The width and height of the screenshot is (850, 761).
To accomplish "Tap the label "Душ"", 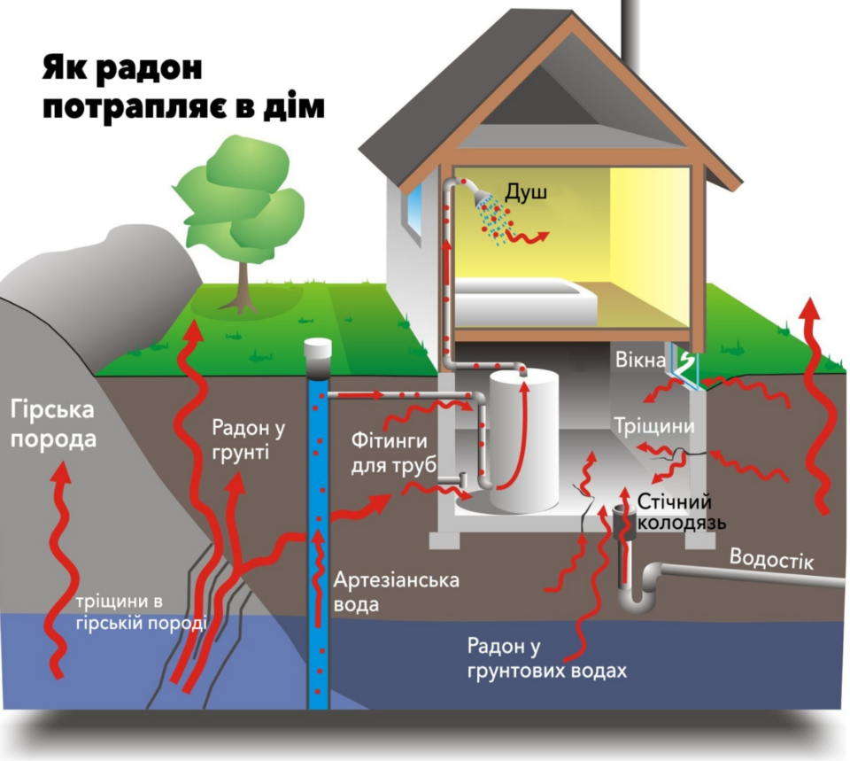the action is tap(526, 192).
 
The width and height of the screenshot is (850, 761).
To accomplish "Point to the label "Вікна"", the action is tap(640, 360).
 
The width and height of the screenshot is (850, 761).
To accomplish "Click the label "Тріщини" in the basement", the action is tap(654, 426).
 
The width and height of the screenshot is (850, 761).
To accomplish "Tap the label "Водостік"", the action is tap(771, 559).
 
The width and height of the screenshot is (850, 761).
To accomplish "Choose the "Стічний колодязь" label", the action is tap(681, 511).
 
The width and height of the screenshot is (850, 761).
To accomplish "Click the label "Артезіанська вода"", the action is tap(397, 592).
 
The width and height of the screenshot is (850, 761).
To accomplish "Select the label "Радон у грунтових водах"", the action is tap(546, 659).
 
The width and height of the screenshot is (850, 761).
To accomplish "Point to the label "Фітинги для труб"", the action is tap(393, 453).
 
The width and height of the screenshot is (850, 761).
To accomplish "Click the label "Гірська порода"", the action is tap(52, 424).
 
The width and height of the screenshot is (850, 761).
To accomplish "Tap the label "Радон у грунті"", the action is tap(248, 439).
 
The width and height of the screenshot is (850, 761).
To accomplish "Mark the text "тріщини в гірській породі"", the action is tap(141, 612).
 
